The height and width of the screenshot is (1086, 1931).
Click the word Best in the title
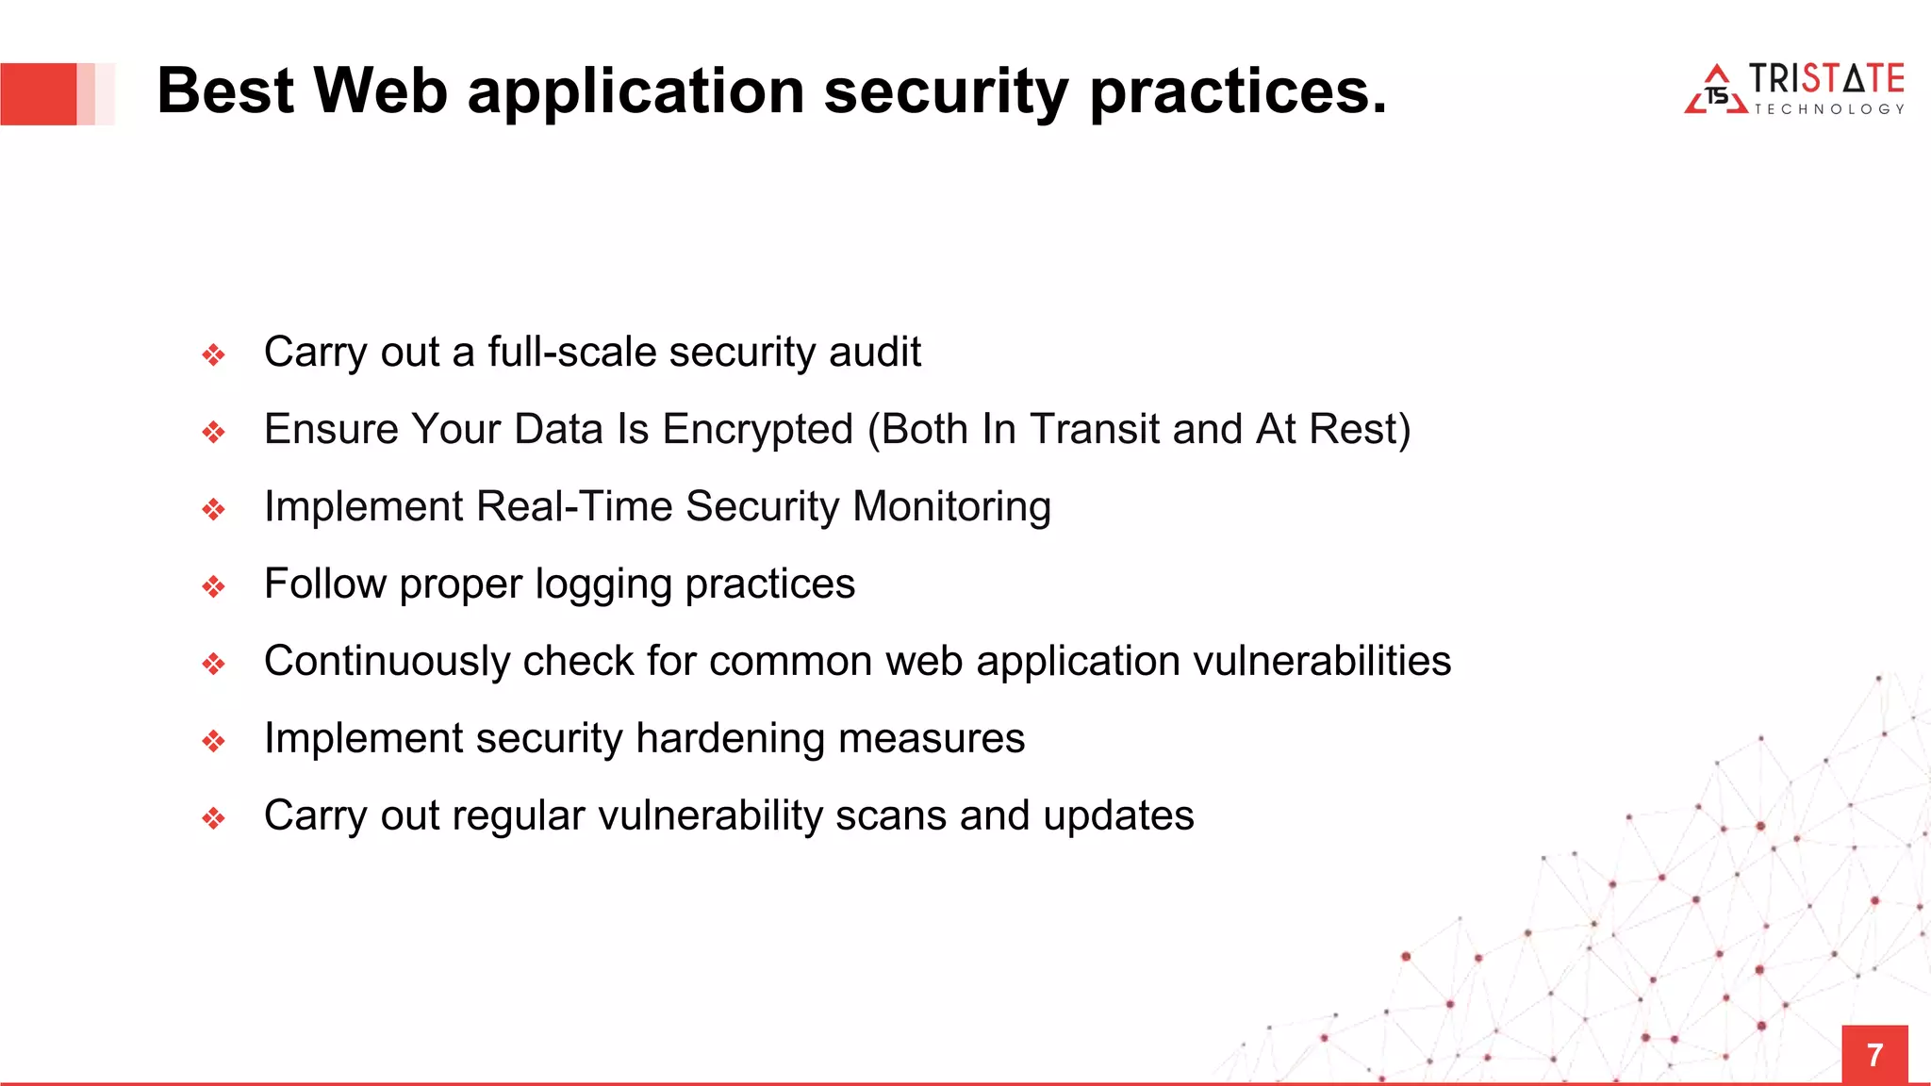tap(225, 91)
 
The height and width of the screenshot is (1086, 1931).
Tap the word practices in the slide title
tap(1237, 91)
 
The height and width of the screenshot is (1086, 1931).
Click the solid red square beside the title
tap(39, 93)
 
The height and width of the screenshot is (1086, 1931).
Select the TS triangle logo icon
tap(1716, 91)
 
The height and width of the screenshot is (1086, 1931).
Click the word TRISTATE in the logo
tap(1826, 78)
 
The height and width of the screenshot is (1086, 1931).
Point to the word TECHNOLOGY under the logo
tap(1828, 109)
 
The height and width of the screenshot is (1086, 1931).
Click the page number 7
tap(1874, 1055)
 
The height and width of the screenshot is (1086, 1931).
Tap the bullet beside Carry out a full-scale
tap(214, 355)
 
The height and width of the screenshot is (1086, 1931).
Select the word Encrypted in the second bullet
tap(757, 429)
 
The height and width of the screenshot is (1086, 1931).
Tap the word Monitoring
tap(951, 506)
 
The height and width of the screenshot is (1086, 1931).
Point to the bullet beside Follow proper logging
tap(214, 587)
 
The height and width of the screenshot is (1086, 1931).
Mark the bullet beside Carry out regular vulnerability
tap(214, 818)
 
